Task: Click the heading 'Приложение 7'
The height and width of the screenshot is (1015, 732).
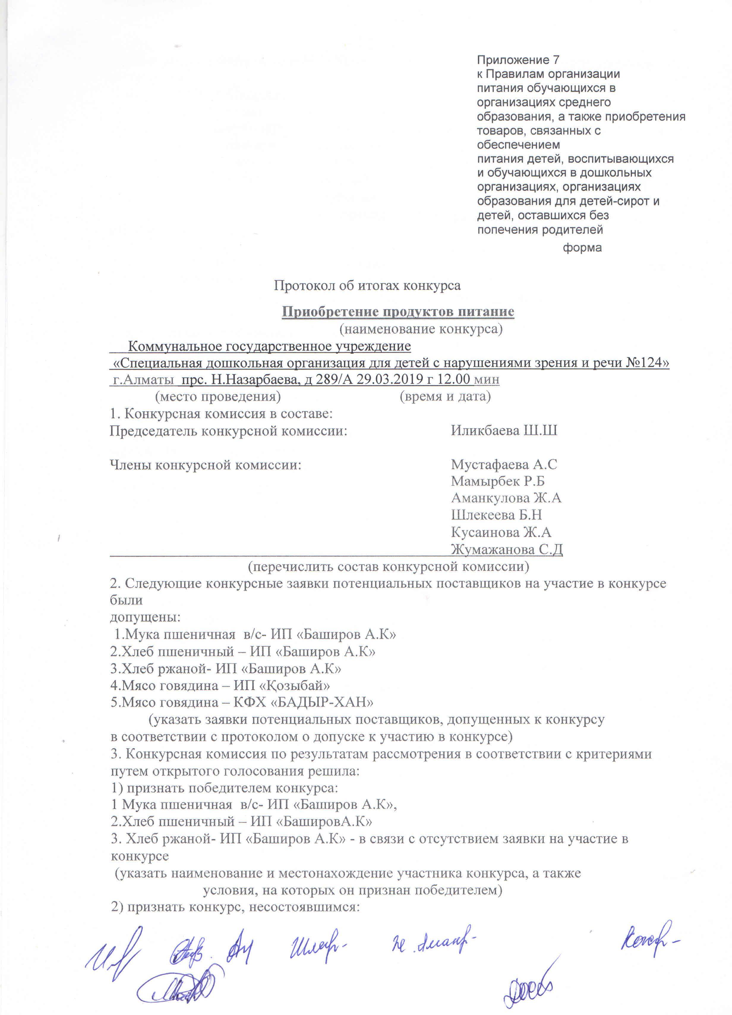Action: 518,60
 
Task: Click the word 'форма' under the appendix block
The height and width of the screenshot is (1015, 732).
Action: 582,247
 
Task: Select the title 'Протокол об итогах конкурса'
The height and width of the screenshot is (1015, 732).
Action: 367,285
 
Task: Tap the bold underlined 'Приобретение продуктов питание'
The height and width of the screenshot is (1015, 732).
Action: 397,312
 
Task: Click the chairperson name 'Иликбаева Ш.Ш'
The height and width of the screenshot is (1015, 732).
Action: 504,430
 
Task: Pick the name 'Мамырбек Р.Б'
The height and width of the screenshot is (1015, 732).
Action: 497,481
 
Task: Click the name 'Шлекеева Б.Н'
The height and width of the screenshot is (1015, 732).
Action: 496,515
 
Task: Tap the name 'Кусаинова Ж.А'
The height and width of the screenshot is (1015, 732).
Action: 501,532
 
